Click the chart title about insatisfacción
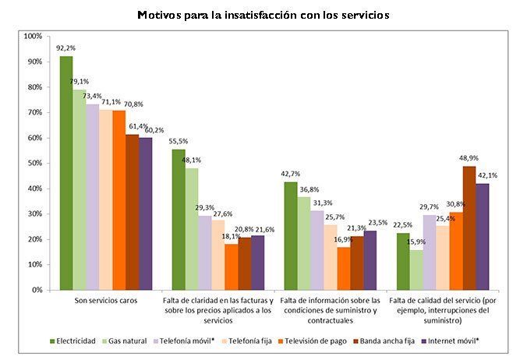click(263, 15)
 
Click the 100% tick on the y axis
click(33, 37)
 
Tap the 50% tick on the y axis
click(33, 164)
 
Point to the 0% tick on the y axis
click(35, 290)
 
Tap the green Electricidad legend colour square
click(52, 341)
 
